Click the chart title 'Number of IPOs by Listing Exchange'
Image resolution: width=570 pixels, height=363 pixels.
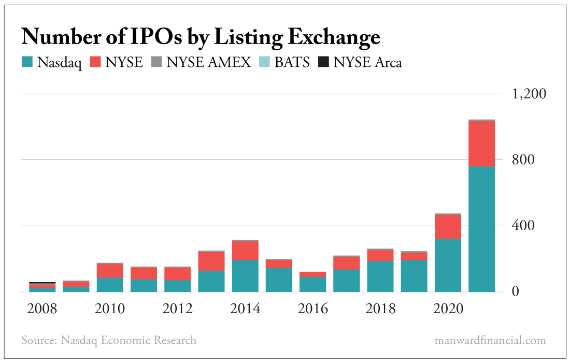tap(201, 37)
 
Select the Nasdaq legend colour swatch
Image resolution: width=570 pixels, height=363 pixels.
tap(27, 63)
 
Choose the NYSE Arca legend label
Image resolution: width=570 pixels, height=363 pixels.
tap(367, 63)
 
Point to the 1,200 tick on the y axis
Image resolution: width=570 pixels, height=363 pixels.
tap(529, 94)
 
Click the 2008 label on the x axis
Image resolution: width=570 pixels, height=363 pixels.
tap(42, 309)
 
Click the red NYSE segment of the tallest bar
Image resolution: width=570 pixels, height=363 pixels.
tap(482, 144)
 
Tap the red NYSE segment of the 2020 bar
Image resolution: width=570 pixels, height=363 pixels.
tap(448, 227)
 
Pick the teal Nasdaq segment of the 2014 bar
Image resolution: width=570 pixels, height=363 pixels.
tap(245, 276)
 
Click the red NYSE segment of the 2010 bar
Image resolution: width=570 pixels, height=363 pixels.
tap(109, 271)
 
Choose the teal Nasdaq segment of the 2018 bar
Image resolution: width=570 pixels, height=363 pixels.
tap(380, 276)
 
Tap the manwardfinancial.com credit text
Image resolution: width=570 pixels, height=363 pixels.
tap(491, 341)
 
